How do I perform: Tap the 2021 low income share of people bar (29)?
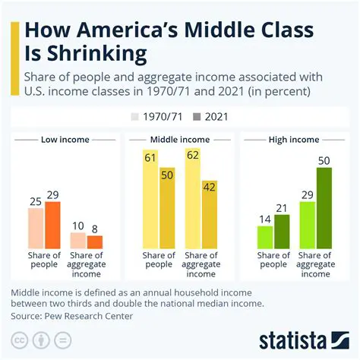pyautogui.click(x=52, y=225)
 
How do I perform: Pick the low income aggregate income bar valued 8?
pyautogui.click(x=95, y=242)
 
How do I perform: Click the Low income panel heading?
pyautogui.click(x=64, y=140)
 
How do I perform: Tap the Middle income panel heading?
pyautogui.click(x=180, y=140)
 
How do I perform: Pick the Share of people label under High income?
pyautogui.click(x=273, y=261)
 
